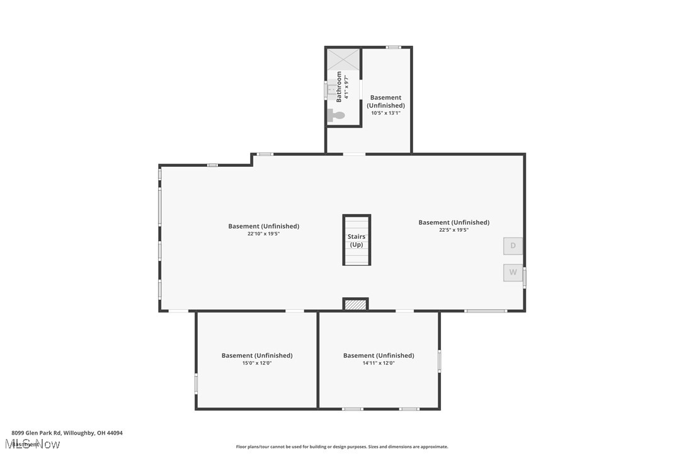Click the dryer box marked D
tap(513, 246)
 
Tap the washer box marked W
tap(513, 273)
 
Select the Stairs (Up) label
tap(356, 241)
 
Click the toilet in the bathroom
tap(336, 115)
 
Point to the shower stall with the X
tap(343, 59)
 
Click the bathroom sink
tap(331, 91)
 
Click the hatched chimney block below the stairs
tap(356, 305)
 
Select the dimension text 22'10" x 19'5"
tap(263, 234)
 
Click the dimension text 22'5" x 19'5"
tap(453, 230)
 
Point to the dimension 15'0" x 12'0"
tap(256, 363)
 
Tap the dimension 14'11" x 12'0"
tap(379, 363)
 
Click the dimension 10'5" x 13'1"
tap(385, 113)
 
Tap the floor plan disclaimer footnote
tap(342, 447)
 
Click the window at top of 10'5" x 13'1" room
tap(394, 47)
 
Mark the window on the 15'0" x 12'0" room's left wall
tap(196, 384)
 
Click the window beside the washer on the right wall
tap(524, 277)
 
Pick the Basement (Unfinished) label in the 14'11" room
tap(379, 355)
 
